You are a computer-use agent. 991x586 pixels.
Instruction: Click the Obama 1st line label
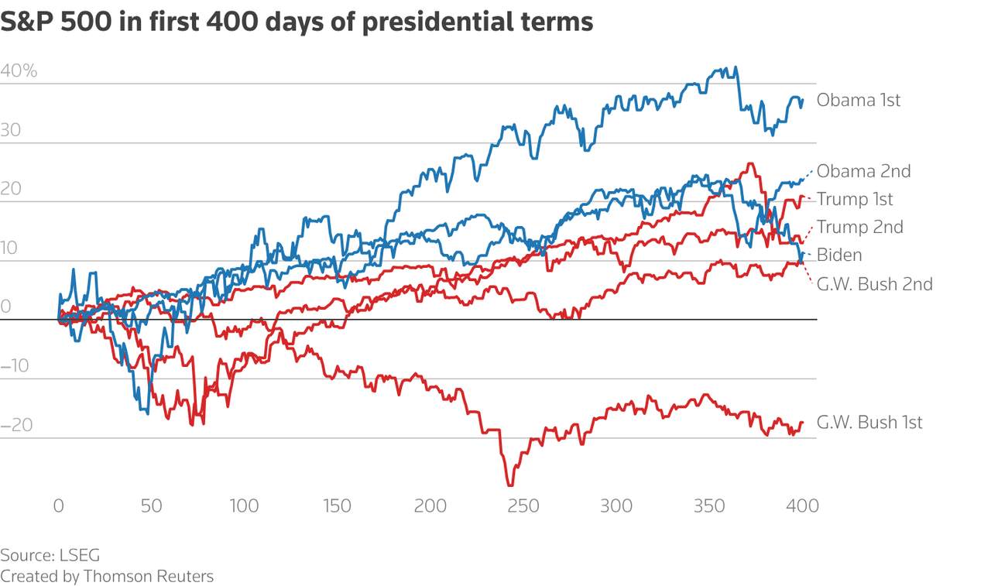[x=859, y=100]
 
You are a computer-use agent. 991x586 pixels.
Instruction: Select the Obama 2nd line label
[x=863, y=171]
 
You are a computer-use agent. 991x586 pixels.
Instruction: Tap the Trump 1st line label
[x=855, y=199]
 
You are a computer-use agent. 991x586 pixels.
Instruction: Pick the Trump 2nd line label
[x=859, y=227]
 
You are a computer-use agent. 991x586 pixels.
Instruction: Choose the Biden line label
[x=839, y=255]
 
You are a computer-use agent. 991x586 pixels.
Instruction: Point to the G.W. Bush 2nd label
[x=874, y=283]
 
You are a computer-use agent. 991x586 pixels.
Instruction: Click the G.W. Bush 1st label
[x=869, y=423]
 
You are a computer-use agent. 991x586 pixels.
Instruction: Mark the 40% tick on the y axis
[x=19, y=71]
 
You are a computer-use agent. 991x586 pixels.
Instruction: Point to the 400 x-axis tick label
[x=802, y=506]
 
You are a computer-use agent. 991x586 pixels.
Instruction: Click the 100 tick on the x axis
[x=244, y=506]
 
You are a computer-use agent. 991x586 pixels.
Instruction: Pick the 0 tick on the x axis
[x=59, y=506]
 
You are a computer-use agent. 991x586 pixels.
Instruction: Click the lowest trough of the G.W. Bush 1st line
[x=510, y=485]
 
